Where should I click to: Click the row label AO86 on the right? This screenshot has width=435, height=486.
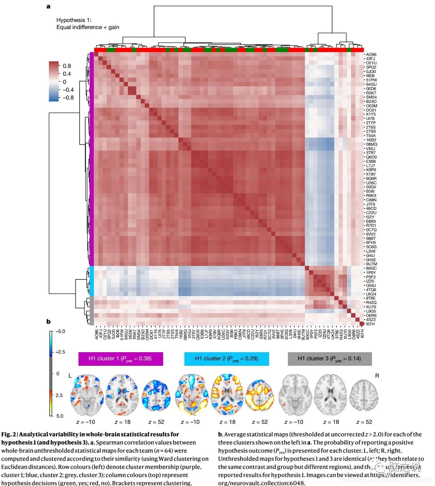pos(371,54)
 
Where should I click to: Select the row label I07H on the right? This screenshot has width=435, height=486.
pos(370,324)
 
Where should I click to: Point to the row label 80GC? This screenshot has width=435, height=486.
pos(371,268)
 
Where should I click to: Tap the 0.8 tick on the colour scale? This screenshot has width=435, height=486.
pos(67,66)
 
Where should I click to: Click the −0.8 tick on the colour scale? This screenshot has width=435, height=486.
pos(68,97)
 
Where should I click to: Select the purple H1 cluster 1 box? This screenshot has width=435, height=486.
pos(121,359)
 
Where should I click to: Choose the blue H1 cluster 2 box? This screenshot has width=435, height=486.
pos(226,359)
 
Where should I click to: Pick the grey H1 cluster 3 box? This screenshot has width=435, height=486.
pos(330,359)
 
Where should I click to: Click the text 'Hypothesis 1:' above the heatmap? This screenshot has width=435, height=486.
pos(74,20)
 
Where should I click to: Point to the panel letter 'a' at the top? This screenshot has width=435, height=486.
pos(48,6)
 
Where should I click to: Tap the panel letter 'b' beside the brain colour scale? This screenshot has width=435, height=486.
pos(48,321)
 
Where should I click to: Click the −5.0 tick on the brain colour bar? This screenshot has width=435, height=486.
pos(60,331)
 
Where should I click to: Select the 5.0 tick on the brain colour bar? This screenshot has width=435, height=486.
pos(60,416)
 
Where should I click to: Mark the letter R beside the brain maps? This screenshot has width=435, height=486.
pos(377,376)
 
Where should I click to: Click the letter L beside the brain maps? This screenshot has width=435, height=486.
pos(70,376)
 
